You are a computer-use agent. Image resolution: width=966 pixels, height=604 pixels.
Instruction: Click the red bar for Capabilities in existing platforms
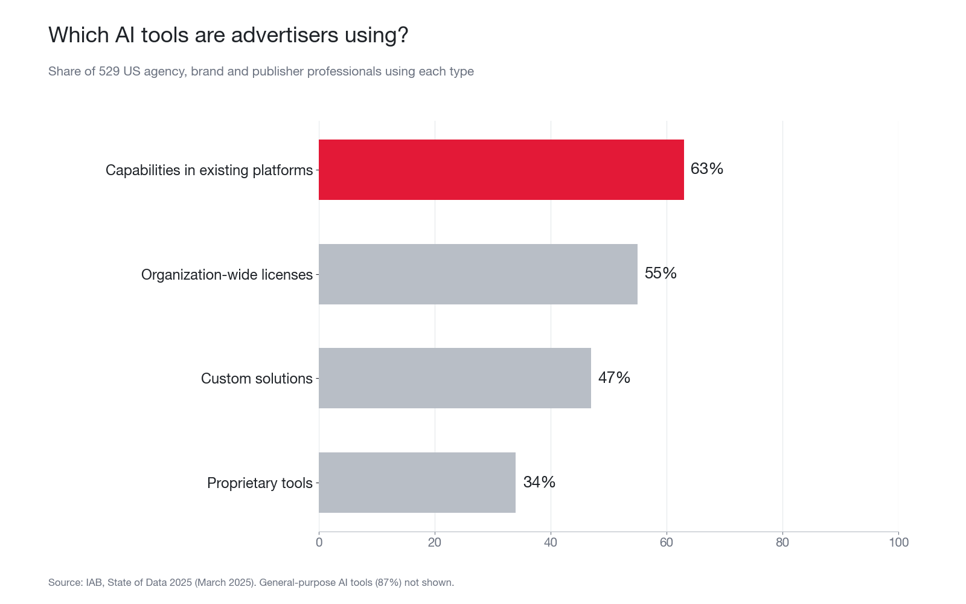tap(501, 170)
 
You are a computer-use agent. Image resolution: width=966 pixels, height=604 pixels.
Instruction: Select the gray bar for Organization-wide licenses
tap(478, 274)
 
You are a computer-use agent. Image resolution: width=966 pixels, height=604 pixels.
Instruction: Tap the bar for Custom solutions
tap(455, 378)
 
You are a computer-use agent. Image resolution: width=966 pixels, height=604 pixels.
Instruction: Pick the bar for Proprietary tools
tap(417, 483)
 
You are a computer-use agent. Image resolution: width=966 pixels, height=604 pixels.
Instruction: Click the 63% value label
tap(706, 169)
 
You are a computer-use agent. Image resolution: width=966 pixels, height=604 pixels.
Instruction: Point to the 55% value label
tap(661, 273)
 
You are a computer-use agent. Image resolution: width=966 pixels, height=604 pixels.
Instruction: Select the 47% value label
tap(614, 377)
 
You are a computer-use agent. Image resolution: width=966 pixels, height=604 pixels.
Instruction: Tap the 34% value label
tap(539, 482)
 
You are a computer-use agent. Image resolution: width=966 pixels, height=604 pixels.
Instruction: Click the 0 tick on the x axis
tap(319, 542)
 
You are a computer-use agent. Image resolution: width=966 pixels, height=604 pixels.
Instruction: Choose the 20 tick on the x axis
tap(435, 542)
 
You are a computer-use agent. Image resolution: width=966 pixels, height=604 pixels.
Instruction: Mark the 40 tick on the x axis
tap(551, 542)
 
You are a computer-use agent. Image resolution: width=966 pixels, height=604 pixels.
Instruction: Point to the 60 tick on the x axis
tap(667, 542)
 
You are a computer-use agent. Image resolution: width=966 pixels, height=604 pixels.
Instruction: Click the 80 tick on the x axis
tap(782, 542)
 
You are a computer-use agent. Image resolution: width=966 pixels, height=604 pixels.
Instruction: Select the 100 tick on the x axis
tap(899, 542)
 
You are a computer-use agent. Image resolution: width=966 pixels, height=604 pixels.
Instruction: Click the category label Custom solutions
tap(257, 378)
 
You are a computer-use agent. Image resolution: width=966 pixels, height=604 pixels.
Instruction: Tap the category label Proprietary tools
tap(260, 483)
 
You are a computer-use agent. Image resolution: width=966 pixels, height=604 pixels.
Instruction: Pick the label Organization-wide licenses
tap(227, 274)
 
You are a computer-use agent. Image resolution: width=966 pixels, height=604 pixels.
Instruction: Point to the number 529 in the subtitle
tap(109, 71)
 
